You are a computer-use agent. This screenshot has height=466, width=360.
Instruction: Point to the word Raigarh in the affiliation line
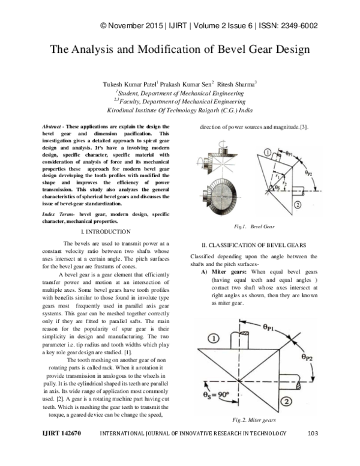click(x=206, y=111)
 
